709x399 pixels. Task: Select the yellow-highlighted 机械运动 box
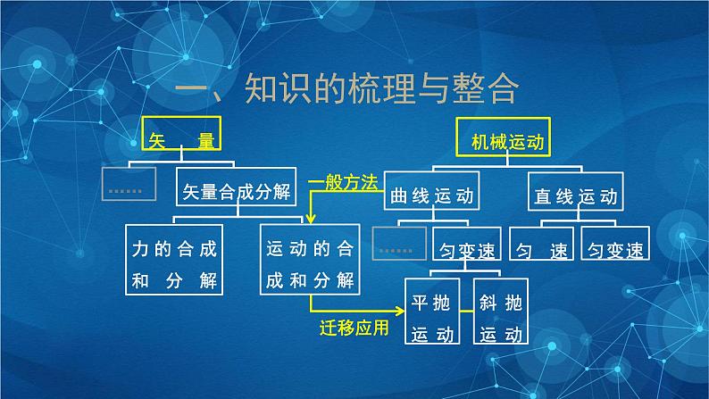coord(505,136)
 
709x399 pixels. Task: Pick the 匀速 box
coord(542,246)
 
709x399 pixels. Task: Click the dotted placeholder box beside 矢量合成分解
coord(129,186)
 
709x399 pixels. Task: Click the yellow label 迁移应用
coord(354,329)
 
